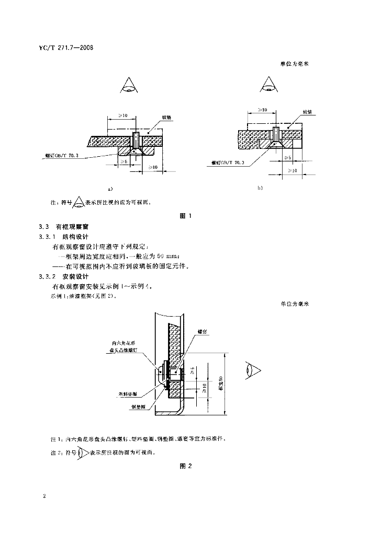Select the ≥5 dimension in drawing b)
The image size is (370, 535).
pos(287,157)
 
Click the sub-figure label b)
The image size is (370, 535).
pos(260,187)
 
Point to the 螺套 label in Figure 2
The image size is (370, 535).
pos(203,331)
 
